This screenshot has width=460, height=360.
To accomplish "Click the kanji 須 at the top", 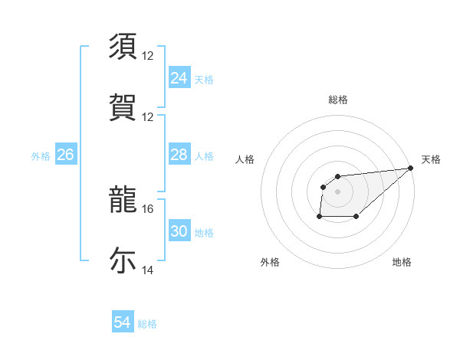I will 123,46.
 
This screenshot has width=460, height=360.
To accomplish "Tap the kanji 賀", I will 123,107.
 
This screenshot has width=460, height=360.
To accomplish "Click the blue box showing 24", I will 179,77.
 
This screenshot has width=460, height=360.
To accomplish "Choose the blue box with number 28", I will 179,155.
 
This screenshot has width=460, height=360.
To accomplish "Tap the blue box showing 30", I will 179,231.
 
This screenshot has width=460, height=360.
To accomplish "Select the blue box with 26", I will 65,155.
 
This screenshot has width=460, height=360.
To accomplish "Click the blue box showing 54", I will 122,322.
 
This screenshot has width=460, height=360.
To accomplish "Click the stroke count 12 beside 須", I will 149,55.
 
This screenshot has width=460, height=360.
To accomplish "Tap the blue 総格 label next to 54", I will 147,324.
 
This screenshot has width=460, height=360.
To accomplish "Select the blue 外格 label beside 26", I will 41,156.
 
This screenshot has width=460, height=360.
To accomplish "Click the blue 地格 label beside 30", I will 204,233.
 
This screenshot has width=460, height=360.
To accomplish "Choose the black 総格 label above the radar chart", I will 337,100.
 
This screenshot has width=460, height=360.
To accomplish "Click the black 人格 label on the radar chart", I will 245,159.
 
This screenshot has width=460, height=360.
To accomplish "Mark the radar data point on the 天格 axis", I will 410,168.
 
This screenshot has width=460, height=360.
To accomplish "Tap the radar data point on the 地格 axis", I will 356,218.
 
